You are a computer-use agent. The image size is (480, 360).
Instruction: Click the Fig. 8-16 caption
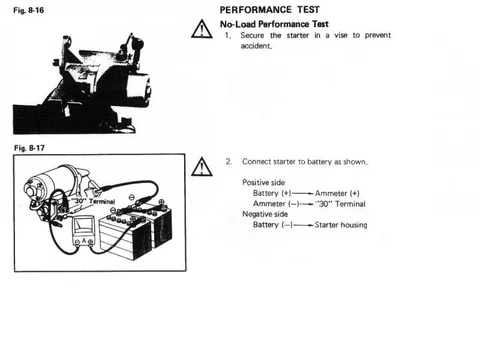coord(28,10)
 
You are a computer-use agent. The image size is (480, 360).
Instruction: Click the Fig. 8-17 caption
coord(29,148)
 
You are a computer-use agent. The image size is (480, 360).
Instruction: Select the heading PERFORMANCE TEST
coord(270,10)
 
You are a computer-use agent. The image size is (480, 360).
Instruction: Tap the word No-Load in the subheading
coord(238,24)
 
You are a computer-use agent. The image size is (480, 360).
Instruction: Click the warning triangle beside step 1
coord(202,29)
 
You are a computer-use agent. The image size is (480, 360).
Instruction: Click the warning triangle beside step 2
coord(202,167)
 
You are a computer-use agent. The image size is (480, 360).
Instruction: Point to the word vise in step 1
coord(341,35)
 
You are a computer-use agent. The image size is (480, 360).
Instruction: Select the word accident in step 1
coord(256,46)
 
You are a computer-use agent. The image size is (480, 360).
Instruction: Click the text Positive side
coord(263,182)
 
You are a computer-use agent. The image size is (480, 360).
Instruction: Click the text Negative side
coord(265,214)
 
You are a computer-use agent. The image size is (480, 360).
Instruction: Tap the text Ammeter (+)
coord(337,193)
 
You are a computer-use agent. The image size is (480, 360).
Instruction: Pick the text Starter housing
coord(341,225)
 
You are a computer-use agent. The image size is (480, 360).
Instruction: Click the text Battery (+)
coord(272,193)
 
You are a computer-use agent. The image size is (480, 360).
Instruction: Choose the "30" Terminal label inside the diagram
coord(93,201)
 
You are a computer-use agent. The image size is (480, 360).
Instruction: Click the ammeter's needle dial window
coord(83,226)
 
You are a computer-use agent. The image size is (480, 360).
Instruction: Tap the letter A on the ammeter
coord(84,241)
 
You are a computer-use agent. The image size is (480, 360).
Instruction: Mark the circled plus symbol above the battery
coord(161,202)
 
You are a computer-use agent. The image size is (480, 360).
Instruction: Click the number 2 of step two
coord(228,161)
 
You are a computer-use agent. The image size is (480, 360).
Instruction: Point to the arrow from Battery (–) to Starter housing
coord(303,225)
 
